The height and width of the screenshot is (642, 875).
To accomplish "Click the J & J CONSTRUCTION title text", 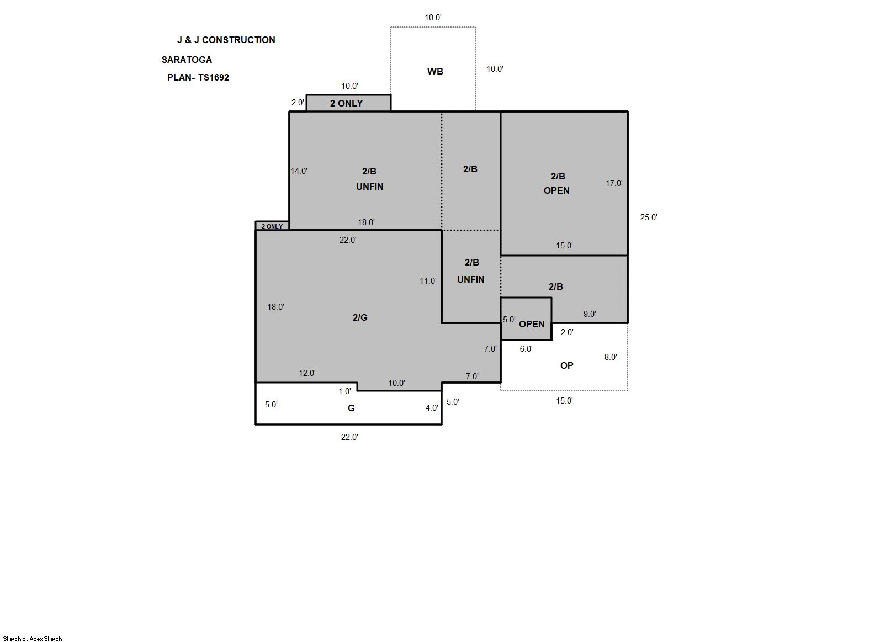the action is [226, 40].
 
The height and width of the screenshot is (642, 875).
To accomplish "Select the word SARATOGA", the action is [187, 60].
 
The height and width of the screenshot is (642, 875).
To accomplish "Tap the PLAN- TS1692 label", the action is [198, 77].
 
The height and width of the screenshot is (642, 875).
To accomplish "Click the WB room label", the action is [435, 71].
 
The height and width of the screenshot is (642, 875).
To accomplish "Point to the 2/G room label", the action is [360, 317].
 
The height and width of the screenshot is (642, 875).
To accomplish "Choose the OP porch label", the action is [567, 365].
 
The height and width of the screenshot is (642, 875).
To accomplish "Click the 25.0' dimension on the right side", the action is [649, 217].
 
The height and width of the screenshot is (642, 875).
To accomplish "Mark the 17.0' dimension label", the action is [614, 183].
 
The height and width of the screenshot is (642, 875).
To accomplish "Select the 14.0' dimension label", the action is [299, 171].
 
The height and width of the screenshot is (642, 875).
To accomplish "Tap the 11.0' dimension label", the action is [428, 281].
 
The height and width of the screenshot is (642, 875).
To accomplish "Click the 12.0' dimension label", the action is [307, 373].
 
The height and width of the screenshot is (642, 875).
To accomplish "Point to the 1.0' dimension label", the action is [344, 391].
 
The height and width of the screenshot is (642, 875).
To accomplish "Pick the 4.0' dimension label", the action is [432, 408].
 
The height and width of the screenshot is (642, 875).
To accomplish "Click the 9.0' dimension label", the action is [590, 314].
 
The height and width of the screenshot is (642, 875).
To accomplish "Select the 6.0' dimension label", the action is [526, 349].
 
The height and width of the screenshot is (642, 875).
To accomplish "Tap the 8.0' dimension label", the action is [611, 357].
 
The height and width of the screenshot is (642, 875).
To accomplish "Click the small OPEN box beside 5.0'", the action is [526, 319].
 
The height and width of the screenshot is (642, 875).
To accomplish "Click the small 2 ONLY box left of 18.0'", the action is [272, 226].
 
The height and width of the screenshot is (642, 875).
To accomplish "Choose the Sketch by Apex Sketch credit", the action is [33, 639].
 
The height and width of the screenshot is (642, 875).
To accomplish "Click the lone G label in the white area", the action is [351, 408].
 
